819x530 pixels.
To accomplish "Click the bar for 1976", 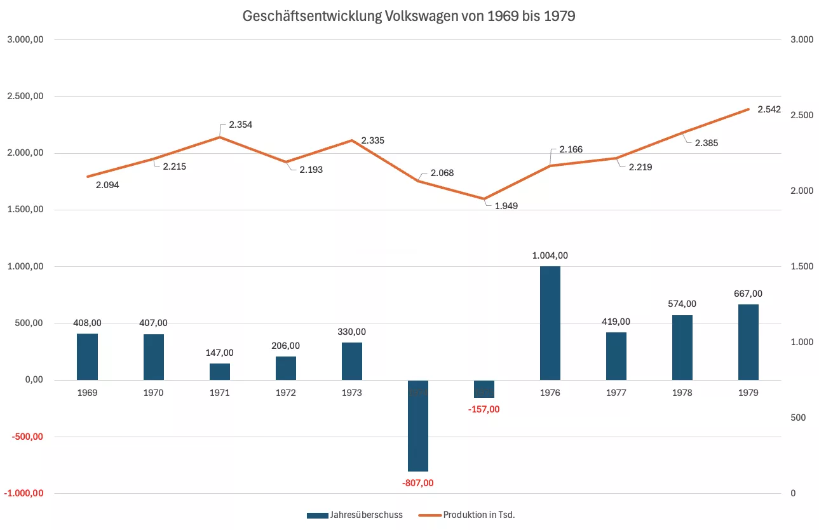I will [550, 323].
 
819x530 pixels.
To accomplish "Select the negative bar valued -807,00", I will [418, 426].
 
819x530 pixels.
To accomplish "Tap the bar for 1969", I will [87, 357].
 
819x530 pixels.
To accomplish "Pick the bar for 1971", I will [220, 372].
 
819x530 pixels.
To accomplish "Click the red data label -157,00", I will [484, 409].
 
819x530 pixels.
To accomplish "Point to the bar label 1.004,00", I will [550, 255].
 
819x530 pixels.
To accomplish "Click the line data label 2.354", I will [240, 125].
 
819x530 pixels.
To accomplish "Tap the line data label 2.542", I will [769, 109].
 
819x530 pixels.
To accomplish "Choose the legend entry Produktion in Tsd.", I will [478, 515].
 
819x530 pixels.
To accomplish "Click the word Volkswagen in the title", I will [421, 17].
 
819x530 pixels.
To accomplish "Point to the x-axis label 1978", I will [682, 393].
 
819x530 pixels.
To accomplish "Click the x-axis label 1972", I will [286, 393].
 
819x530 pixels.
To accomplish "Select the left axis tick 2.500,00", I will [24, 97].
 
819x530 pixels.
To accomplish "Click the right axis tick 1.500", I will [801, 266].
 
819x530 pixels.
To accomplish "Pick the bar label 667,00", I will [748, 294].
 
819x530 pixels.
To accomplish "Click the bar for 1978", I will [682, 348].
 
